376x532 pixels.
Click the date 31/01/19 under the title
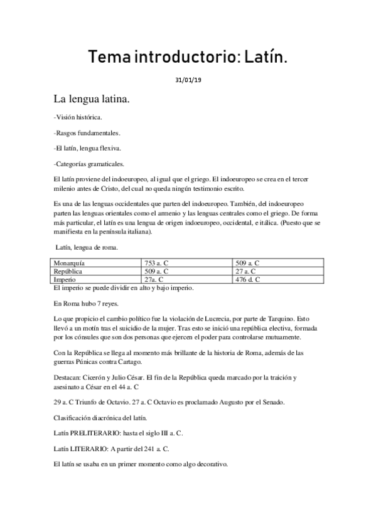[x=188, y=80]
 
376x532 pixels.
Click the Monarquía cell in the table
[x=70, y=262]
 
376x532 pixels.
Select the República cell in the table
[x=68, y=271]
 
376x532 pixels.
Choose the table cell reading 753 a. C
[x=159, y=262]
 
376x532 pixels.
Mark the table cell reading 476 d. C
[x=247, y=280]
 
